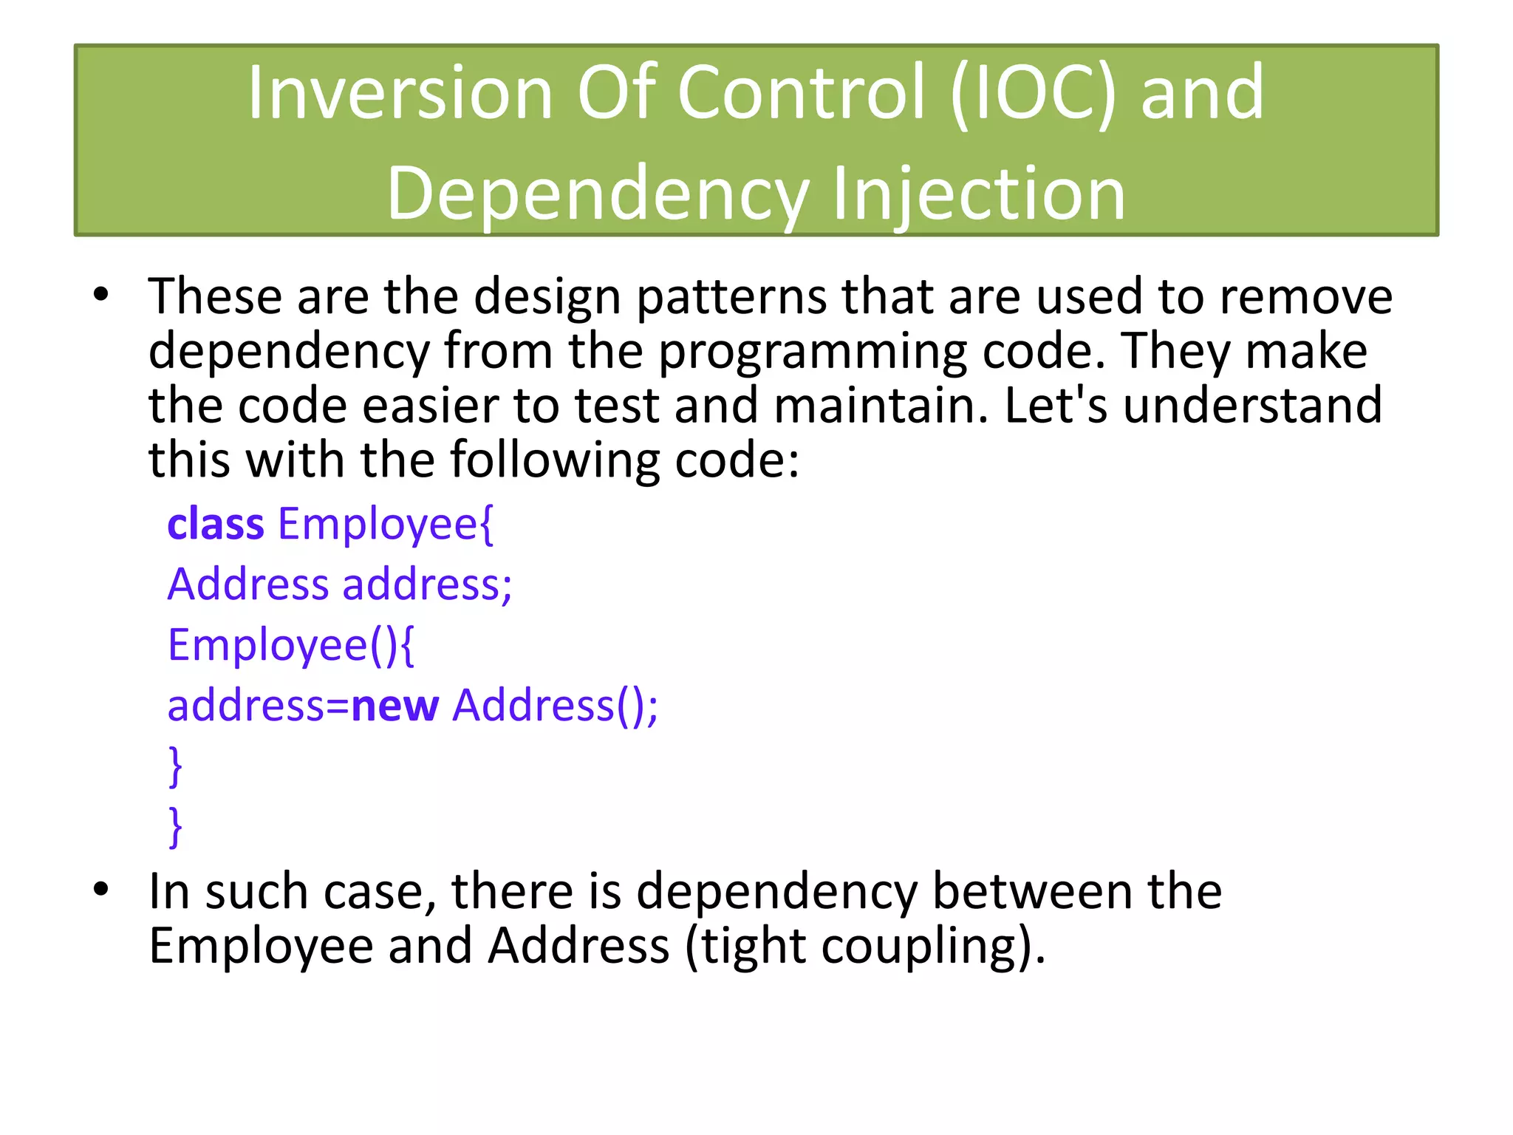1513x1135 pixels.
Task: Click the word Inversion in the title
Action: pyautogui.click(x=400, y=93)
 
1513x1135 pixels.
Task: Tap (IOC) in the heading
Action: pyautogui.click(x=1034, y=93)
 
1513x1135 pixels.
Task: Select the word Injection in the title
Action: pyautogui.click(x=978, y=194)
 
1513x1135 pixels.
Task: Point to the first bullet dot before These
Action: pyautogui.click(x=101, y=296)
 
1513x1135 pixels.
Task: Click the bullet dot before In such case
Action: pyautogui.click(x=101, y=890)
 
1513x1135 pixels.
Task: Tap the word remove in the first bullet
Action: pyautogui.click(x=1305, y=296)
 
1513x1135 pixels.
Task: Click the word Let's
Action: pyautogui.click(x=1056, y=406)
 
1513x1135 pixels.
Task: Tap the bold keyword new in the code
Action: pyautogui.click(x=395, y=706)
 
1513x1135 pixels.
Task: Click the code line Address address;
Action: pyautogui.click(x=339, y=584)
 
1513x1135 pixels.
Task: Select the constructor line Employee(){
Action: pyautogui.click(x=291, y=645)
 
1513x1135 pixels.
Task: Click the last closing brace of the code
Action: pyautogui.click(x=175, y=826)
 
